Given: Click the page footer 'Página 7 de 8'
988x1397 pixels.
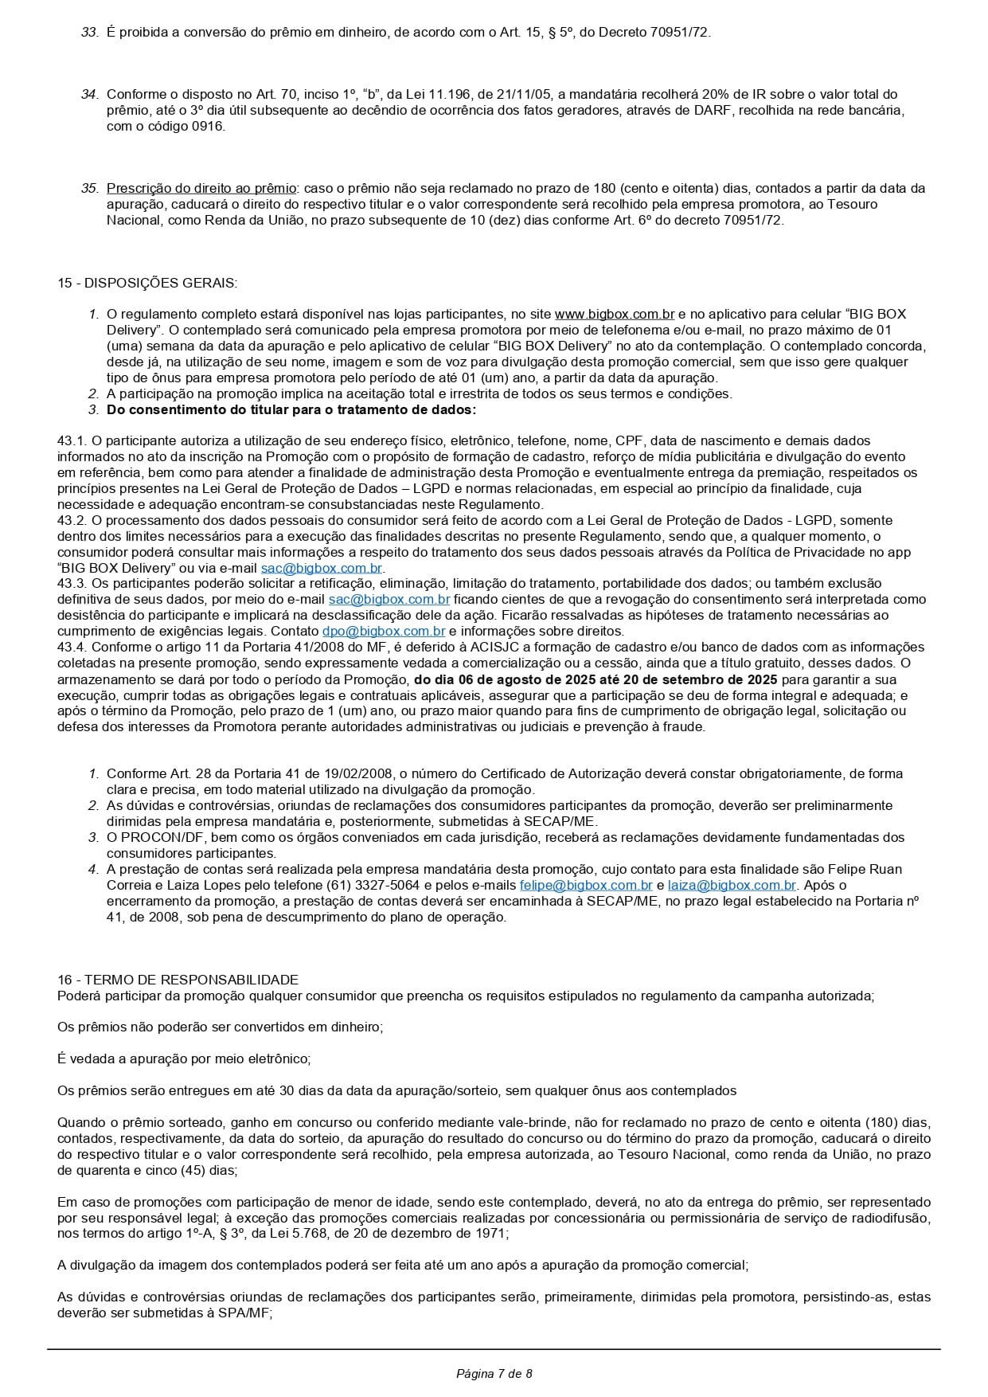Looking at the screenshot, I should click(x=494, y=1373).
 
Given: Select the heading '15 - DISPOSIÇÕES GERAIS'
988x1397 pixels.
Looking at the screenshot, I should click(x=146, y=283).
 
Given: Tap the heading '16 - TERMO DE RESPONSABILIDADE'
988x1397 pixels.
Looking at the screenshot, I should click(x=178, y=980).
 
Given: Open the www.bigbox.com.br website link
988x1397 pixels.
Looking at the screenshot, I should click(x=615, y=314).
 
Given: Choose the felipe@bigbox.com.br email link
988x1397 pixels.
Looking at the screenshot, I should click(x=586, y=885).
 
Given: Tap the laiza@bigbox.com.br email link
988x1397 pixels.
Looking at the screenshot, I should click(x=732, y=885).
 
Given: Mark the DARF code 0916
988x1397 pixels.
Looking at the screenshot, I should click(x=207, y=126).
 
